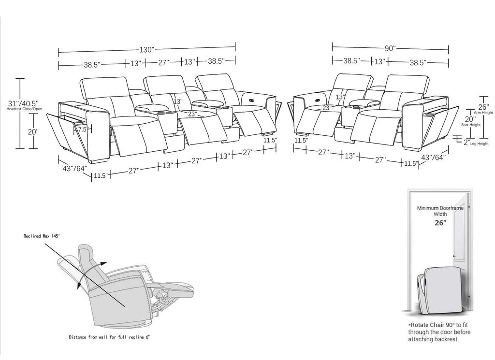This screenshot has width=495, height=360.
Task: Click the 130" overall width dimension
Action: coord(147,50)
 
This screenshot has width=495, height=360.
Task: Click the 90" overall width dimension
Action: coord(390,48)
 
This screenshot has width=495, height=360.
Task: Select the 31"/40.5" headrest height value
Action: coord(23,103)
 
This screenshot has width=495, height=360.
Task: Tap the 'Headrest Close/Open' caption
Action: coord(24,109)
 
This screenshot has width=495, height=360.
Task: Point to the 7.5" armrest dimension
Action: coord(83,130)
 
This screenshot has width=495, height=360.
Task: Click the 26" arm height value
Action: coord(483,107)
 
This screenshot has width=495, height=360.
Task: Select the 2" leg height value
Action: coord(467,142)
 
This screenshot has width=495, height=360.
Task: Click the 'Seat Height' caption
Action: coord(471,125)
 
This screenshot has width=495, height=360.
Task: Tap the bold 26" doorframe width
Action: coord(440,223)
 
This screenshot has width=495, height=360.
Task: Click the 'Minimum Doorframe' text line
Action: coord(440,208)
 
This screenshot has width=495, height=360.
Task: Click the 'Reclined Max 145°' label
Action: coord(42,236)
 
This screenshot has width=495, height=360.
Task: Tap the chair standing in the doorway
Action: coord(440,290)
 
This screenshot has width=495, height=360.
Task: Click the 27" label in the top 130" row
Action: coord(164,62)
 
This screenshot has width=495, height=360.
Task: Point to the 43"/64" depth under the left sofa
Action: coord(75,169)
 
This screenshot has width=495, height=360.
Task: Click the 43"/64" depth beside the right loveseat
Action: coord(433,157)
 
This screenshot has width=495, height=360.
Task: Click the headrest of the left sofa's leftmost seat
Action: coord(104,88)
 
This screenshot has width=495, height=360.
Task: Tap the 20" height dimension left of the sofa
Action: coord(33,131)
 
